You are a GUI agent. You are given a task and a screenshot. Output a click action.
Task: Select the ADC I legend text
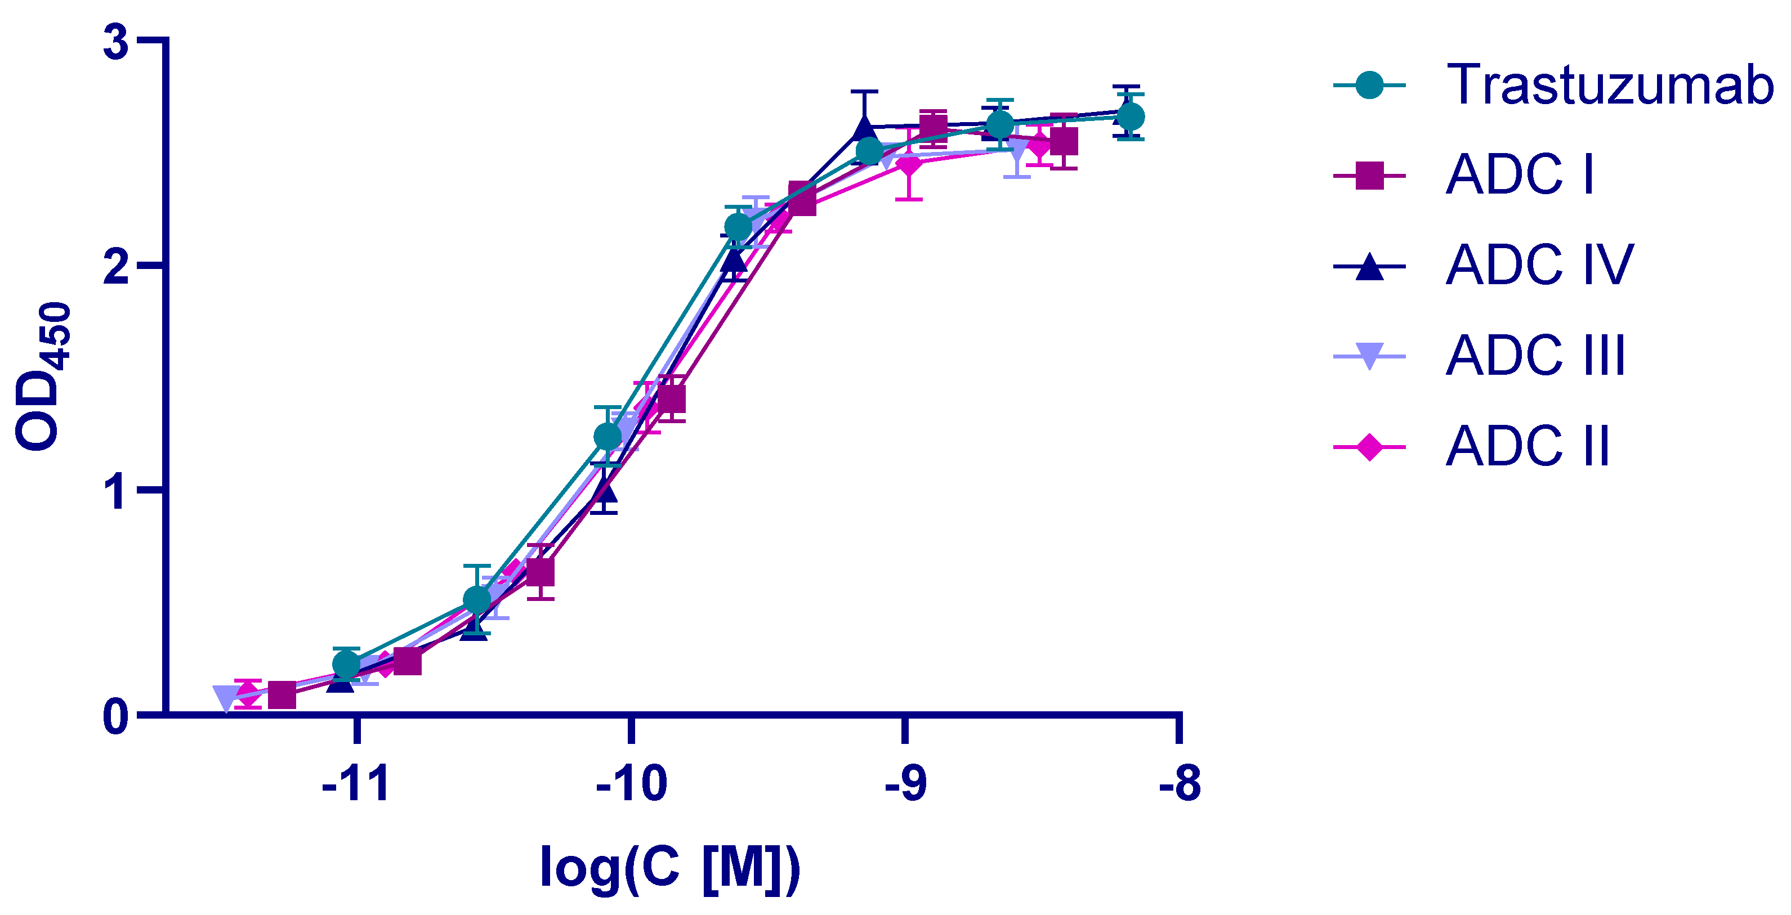(1519, 175)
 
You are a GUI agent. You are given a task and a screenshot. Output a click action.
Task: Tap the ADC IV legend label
(1539, 266)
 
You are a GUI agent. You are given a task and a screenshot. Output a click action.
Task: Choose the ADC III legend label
(1535, 356)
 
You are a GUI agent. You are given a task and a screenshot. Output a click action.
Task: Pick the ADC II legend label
(1528, 446)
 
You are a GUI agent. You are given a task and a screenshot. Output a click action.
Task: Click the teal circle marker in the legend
(1369, 86)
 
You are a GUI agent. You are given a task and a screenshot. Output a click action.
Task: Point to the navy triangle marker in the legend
(1369, 267)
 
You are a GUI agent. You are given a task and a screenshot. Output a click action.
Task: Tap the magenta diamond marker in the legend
(1369, 447)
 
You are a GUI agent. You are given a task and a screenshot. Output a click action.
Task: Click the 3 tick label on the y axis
(115, 42)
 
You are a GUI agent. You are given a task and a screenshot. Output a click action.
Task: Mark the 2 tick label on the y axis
(115, 266)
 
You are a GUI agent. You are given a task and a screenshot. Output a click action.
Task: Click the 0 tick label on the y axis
(115, 716)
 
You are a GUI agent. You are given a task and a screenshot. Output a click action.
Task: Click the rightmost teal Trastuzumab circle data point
(1130, 116)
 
